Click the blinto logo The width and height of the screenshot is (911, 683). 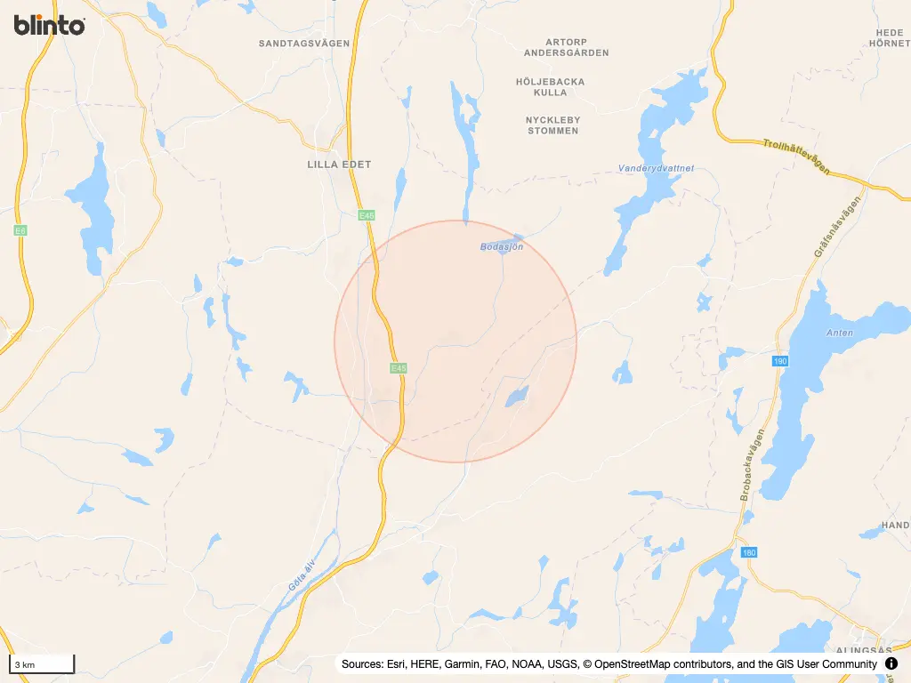(50, 25)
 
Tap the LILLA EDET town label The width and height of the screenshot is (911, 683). (339, 165)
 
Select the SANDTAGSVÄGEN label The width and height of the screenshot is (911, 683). (304, 43)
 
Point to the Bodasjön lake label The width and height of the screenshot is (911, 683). (502, 246)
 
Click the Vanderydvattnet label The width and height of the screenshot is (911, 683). (656, 168)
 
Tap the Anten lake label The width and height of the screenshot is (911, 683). (839, 333)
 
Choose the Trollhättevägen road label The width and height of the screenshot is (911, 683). (796, 156)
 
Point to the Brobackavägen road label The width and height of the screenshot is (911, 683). (752, 466)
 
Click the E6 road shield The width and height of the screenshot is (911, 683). (20, 230)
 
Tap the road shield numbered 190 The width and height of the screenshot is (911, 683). (780, 361)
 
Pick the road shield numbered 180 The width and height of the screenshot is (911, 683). (749, 552)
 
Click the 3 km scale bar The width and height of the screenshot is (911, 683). (41, 664)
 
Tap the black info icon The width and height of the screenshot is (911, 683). (891, 664)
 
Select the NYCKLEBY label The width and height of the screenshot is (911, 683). (552, 119)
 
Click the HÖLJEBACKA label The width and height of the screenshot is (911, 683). (551, 82)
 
